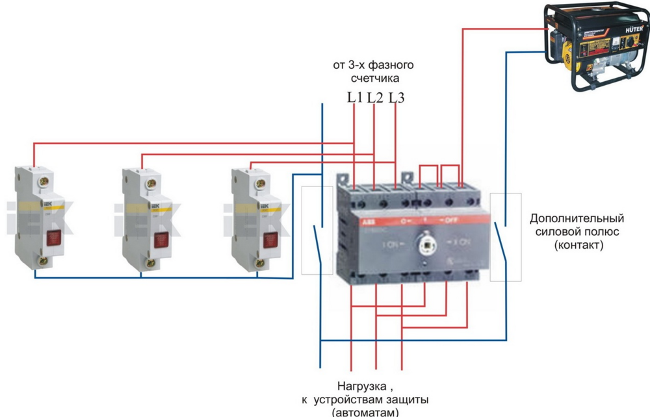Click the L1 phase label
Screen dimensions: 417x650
(x=354, y=98)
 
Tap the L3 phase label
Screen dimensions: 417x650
(x=398, y=98)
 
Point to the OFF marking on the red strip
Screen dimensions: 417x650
(x=452, y=221)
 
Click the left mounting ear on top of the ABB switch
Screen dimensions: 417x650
(x=341, y=177)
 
